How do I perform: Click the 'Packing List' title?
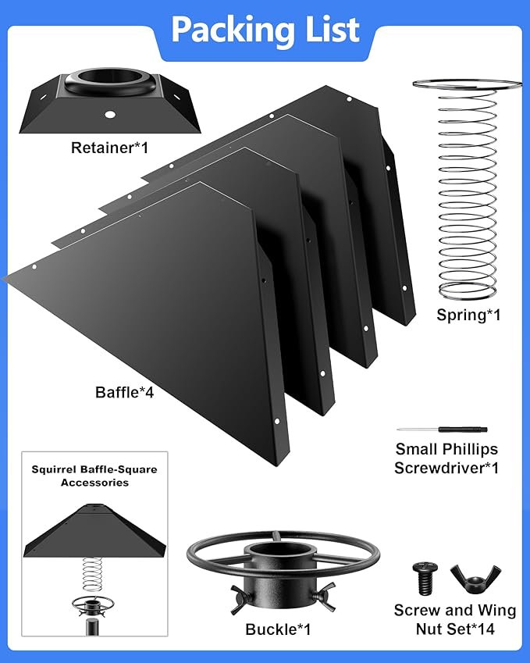[265, 30]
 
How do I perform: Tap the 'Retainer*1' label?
[109, 148]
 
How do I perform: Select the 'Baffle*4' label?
[124, 392]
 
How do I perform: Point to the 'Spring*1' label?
[468, 315]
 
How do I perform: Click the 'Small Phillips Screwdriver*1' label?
[446, 458]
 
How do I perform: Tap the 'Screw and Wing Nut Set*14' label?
[454, 619]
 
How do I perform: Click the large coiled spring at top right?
[467, 195]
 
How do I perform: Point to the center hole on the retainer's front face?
[110, 115]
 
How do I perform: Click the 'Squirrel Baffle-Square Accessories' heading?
[94, 476]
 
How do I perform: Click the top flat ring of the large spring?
[467, 85]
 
